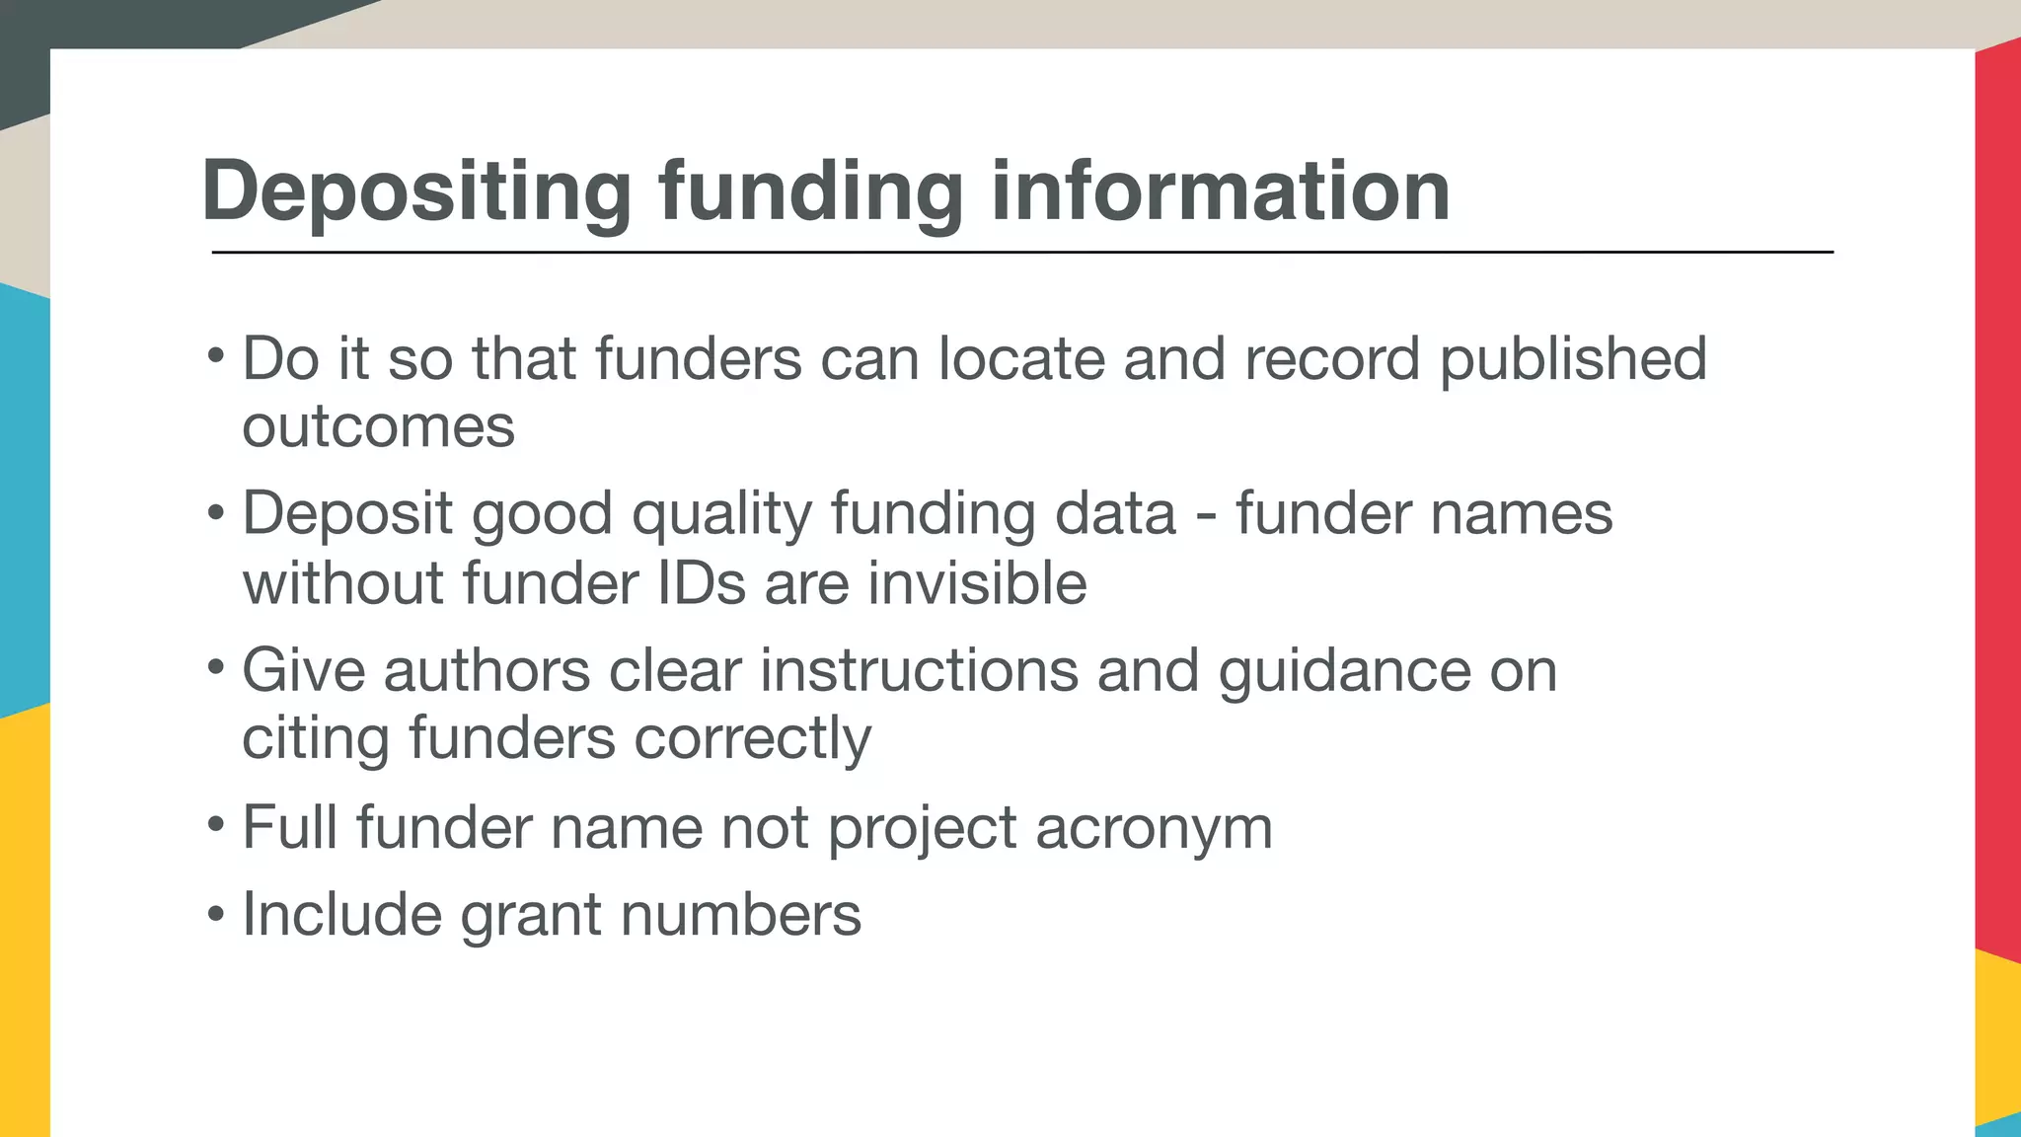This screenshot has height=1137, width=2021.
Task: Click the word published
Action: (1573, 360)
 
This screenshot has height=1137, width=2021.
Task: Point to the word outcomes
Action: (378, 428)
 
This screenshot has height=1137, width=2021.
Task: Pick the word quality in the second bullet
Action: (721, 516)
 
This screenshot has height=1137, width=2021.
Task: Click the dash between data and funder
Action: (1205, 516)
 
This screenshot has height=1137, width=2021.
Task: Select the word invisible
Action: (977, 582)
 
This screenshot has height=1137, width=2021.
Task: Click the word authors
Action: (487, 671)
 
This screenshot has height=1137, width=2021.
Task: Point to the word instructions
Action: (919, 671)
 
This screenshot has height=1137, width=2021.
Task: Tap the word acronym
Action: (1154, 829)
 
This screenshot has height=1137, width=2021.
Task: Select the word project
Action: (922, 829)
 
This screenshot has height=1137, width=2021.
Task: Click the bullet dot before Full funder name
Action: (216, 823)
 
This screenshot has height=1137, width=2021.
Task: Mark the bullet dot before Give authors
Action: (216, 667)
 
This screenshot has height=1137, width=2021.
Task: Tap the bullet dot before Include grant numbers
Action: (216, 911)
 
